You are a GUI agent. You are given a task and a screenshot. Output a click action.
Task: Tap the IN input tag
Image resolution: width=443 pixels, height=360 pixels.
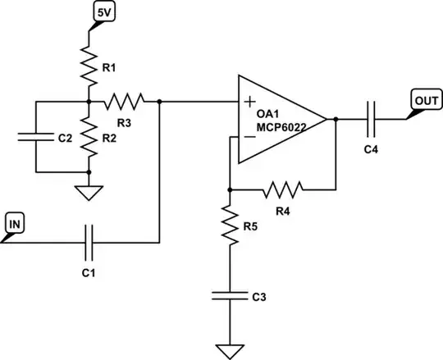point(16,222)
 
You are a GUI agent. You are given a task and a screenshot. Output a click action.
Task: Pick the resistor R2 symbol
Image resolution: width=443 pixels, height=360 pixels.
point(88,137)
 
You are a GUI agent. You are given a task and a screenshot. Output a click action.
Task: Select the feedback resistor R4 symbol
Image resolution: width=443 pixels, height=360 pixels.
point(283,190)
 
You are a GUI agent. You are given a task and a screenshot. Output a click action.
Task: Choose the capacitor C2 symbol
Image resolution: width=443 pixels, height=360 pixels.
point(37,137)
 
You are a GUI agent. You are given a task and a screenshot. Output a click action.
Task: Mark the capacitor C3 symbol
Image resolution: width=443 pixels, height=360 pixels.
point(230,294)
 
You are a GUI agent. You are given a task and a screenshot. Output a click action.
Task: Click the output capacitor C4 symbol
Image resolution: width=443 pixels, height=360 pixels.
point(372,120)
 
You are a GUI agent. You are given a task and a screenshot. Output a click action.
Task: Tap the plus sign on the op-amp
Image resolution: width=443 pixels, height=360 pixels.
point(249,103)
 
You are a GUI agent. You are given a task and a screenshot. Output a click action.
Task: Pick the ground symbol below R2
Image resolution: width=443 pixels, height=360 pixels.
point(88,193)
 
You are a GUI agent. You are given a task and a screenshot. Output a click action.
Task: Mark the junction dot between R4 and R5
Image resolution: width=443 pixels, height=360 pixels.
point(230,190)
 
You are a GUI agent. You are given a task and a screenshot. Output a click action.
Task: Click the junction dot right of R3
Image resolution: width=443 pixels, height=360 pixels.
point(158,102)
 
